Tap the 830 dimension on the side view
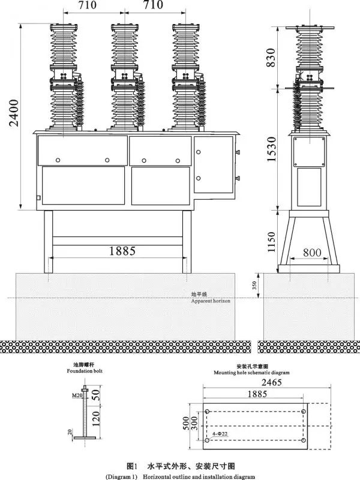(272, 57)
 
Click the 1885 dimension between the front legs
(122, 251)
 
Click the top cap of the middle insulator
(124, 26)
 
